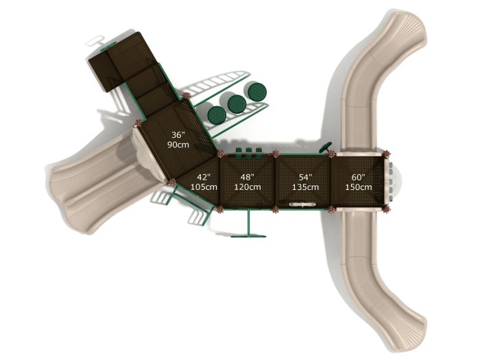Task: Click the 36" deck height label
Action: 178,135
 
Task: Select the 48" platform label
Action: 247,177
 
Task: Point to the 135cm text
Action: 304,187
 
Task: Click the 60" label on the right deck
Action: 359,177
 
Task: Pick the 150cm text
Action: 359,187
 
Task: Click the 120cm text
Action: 247,187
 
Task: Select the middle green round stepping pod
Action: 237,103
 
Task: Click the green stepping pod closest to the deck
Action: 217,114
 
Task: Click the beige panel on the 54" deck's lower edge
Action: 302,205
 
